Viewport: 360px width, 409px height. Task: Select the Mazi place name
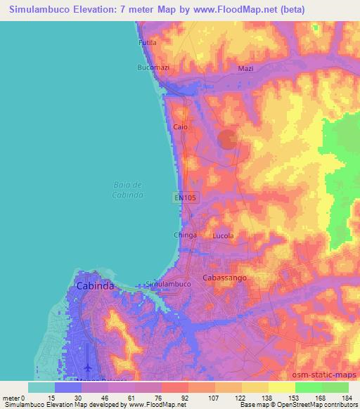pyautogui.click(x=245, y=68)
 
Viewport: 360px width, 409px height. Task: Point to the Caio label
pyautogui.click(x=181, y=127)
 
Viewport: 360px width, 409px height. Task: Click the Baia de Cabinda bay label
pyautogui.click(x=128, y=189)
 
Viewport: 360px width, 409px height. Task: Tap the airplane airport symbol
pyautogui.click(x=89, y=368)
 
